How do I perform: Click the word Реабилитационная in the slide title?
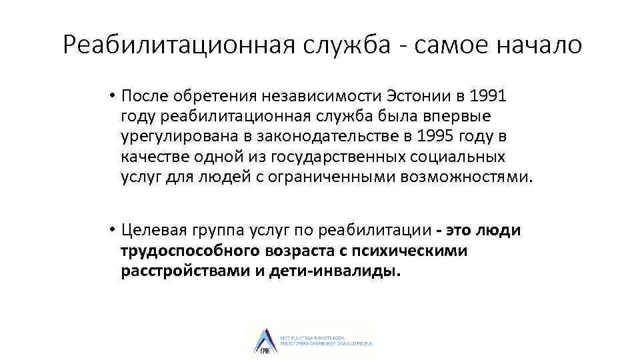point(180,45)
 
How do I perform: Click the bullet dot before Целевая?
point(113,231)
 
